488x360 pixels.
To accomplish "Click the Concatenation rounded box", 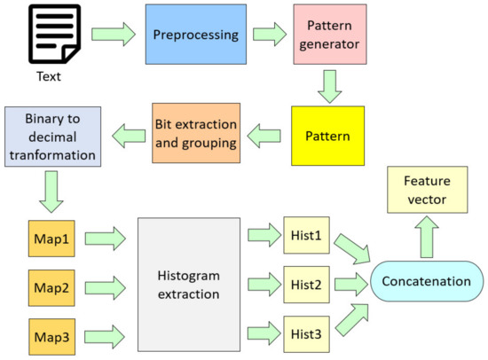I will click(427, 281).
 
